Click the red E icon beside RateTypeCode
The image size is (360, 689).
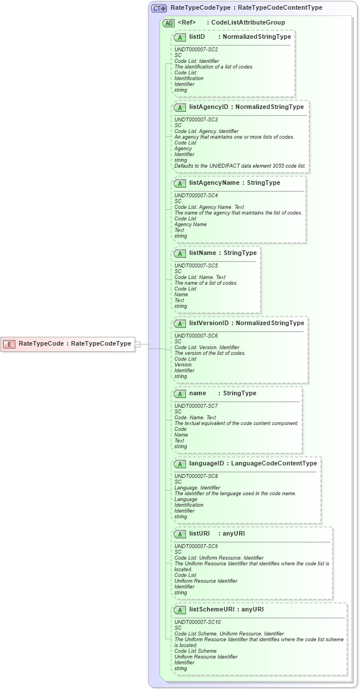point(9,343)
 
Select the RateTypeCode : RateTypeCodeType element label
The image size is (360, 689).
point(75,343)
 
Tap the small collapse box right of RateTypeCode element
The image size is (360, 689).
point(137,344)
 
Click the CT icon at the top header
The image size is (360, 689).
point(159,8)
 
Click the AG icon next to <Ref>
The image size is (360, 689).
point(168,23)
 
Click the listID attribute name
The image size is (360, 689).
point(197,37)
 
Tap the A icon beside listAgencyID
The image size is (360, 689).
point(180,107)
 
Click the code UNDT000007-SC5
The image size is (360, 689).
point(196,266)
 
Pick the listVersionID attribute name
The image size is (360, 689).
point(209,323)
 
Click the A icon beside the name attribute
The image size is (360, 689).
point(180,394)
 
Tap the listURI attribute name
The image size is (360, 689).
point(199,534)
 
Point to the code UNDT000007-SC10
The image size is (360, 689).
point(197,622)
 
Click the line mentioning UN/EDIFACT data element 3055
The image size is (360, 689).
point(240,166)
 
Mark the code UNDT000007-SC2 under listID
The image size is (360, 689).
point(196,50)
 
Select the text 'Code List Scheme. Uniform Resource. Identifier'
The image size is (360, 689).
point(229,634)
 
